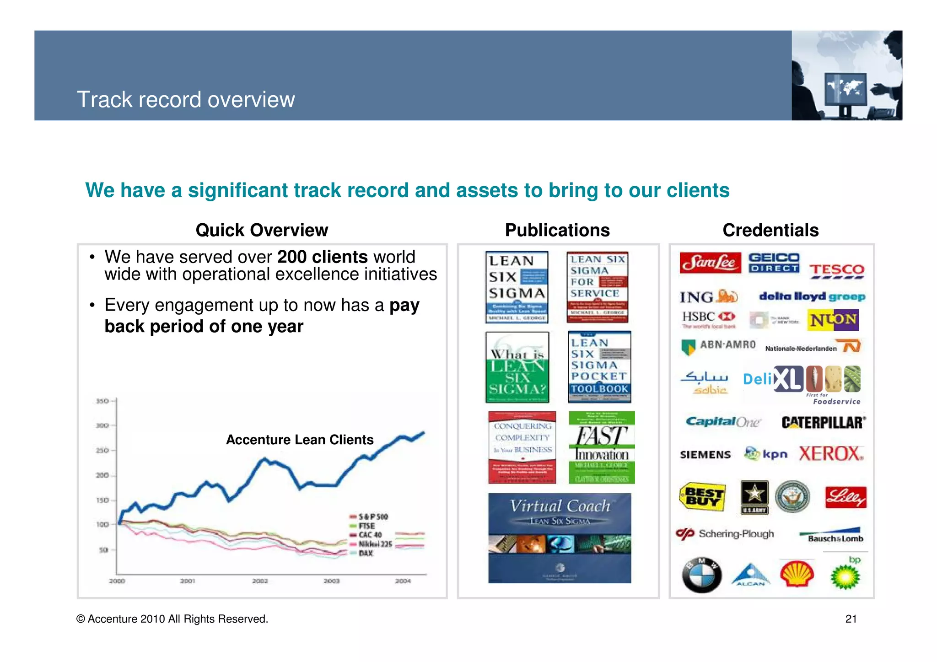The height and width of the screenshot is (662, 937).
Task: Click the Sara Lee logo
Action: click(710, 263)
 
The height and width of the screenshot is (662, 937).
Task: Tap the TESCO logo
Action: click(836, 270)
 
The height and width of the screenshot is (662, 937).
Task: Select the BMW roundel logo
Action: click(701, 575)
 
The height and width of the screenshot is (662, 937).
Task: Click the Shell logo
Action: click(797, 574)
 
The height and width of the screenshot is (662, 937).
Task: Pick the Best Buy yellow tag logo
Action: click(703, 497)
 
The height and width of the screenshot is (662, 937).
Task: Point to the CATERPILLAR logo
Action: click(823, 422)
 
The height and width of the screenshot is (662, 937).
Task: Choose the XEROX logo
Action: click(831, 454)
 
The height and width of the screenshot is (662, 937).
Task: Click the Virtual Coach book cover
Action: click(560, 538)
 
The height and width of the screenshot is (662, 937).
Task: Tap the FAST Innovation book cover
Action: click(602, 447)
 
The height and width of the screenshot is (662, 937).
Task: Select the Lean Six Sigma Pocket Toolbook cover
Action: click(599, 367)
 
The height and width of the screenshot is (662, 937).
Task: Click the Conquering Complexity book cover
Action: click(522, 447)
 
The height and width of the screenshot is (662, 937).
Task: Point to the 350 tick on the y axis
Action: click(102, 401)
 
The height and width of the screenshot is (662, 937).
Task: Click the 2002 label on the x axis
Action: click(260, 581)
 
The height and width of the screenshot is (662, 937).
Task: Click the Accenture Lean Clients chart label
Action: click(300, 440)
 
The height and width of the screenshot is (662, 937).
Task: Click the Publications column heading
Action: click(557, 230)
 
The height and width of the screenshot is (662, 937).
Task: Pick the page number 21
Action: click(851, 619)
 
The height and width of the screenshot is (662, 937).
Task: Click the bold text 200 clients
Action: click(322, 257)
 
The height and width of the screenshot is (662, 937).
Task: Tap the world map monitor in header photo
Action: click(845, 89)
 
